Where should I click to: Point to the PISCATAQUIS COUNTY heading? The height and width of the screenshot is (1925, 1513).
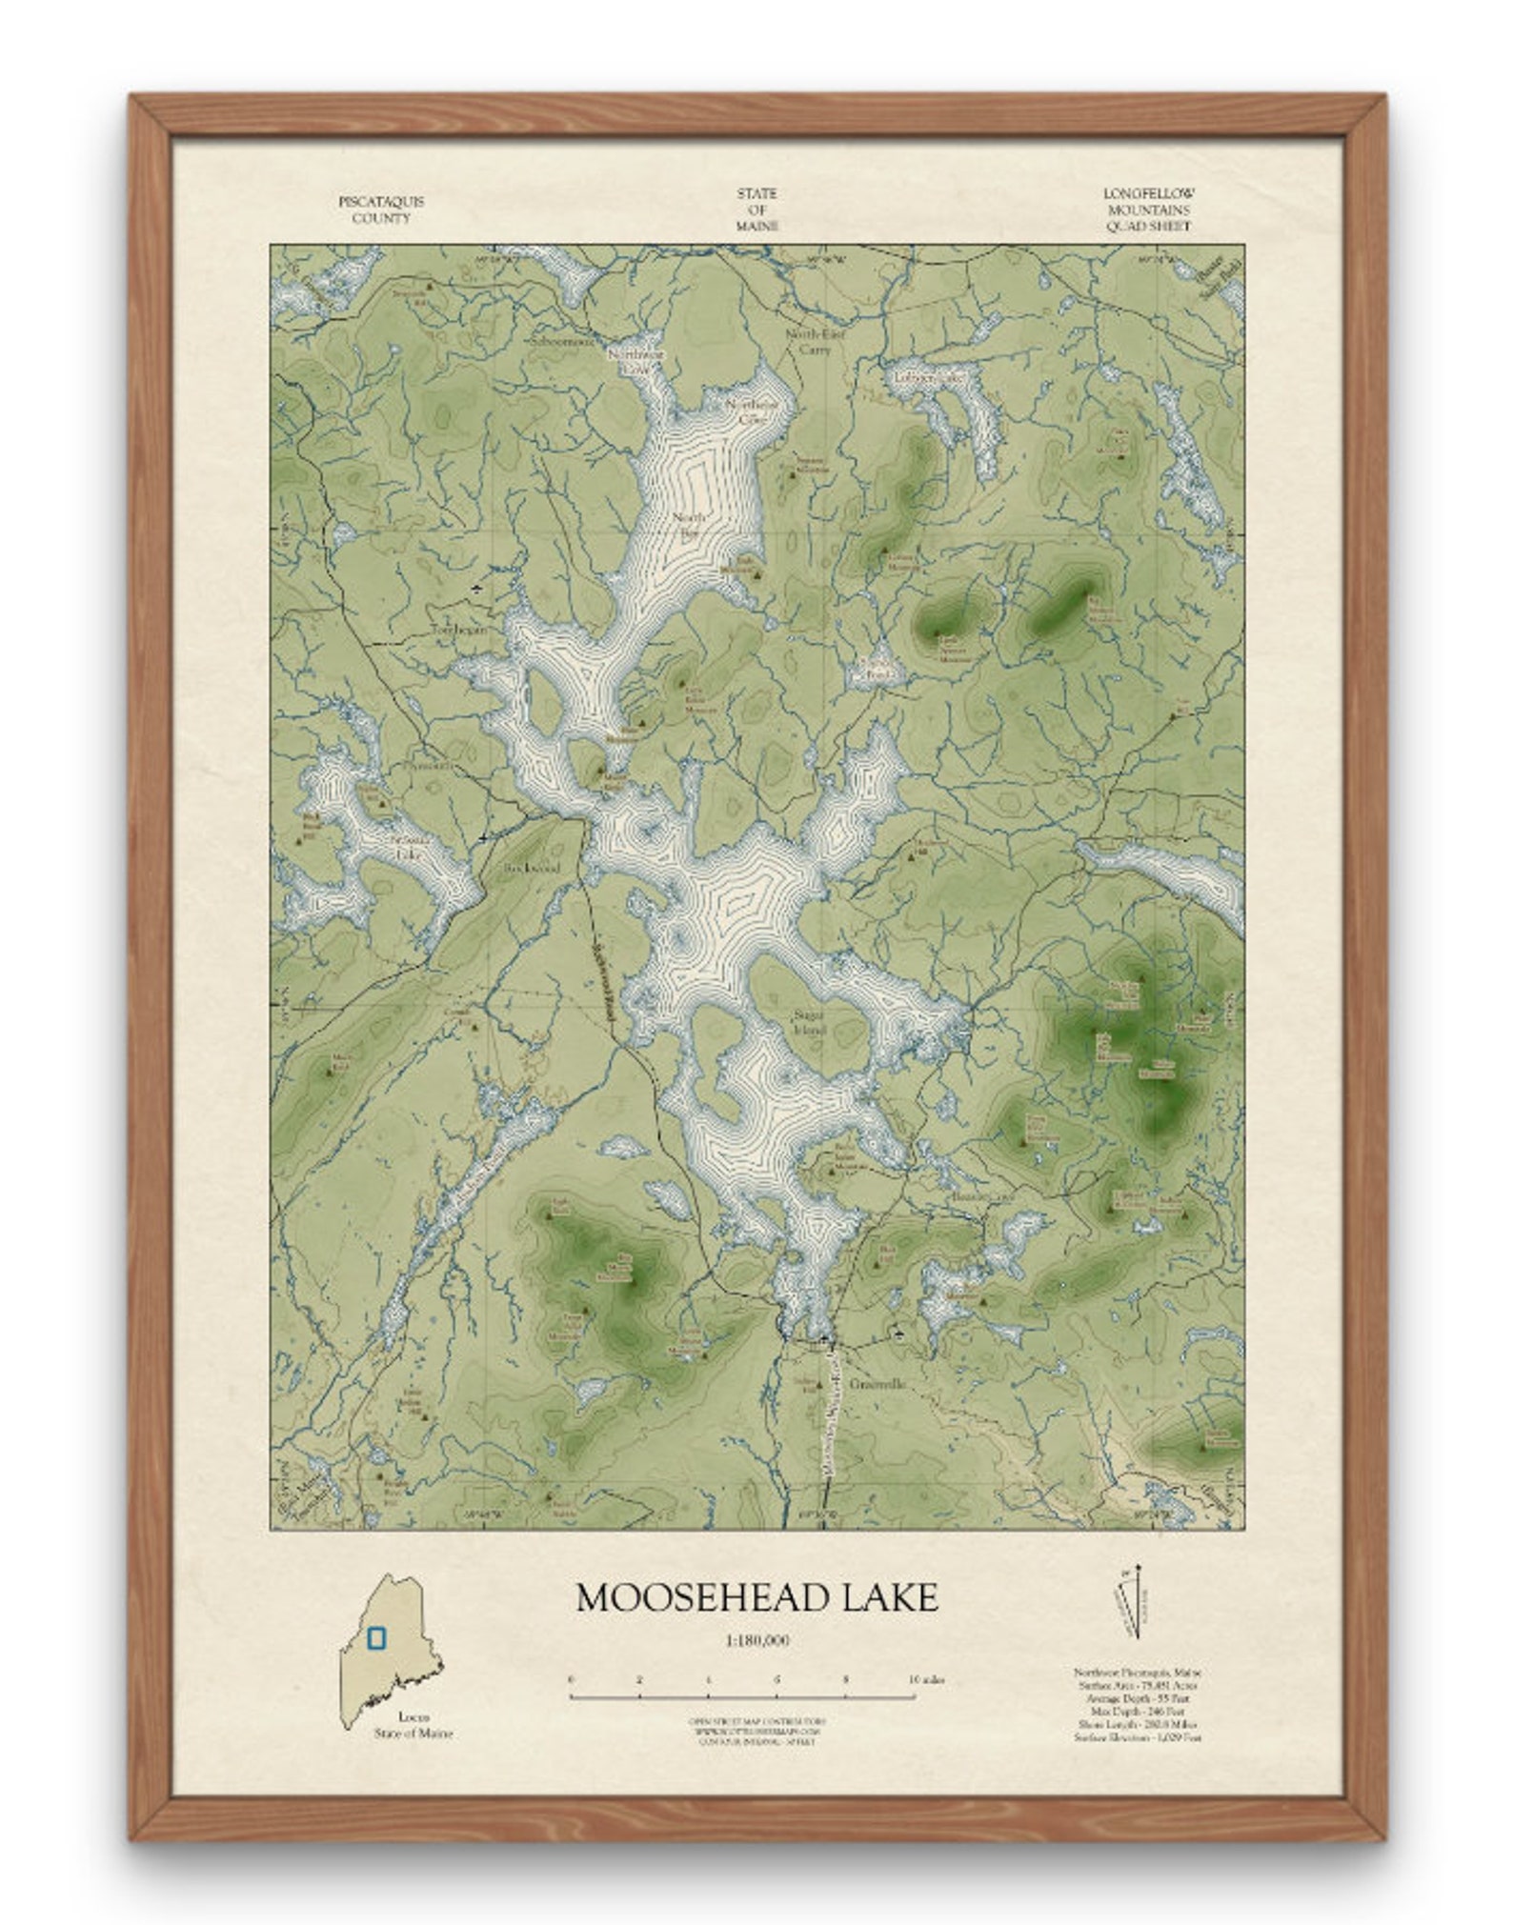(381, 210)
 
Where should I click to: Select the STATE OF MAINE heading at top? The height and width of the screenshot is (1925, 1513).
(756, 210)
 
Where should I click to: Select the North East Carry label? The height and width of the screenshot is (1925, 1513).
(808, 341)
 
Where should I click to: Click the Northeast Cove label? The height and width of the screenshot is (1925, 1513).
(752, 411)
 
